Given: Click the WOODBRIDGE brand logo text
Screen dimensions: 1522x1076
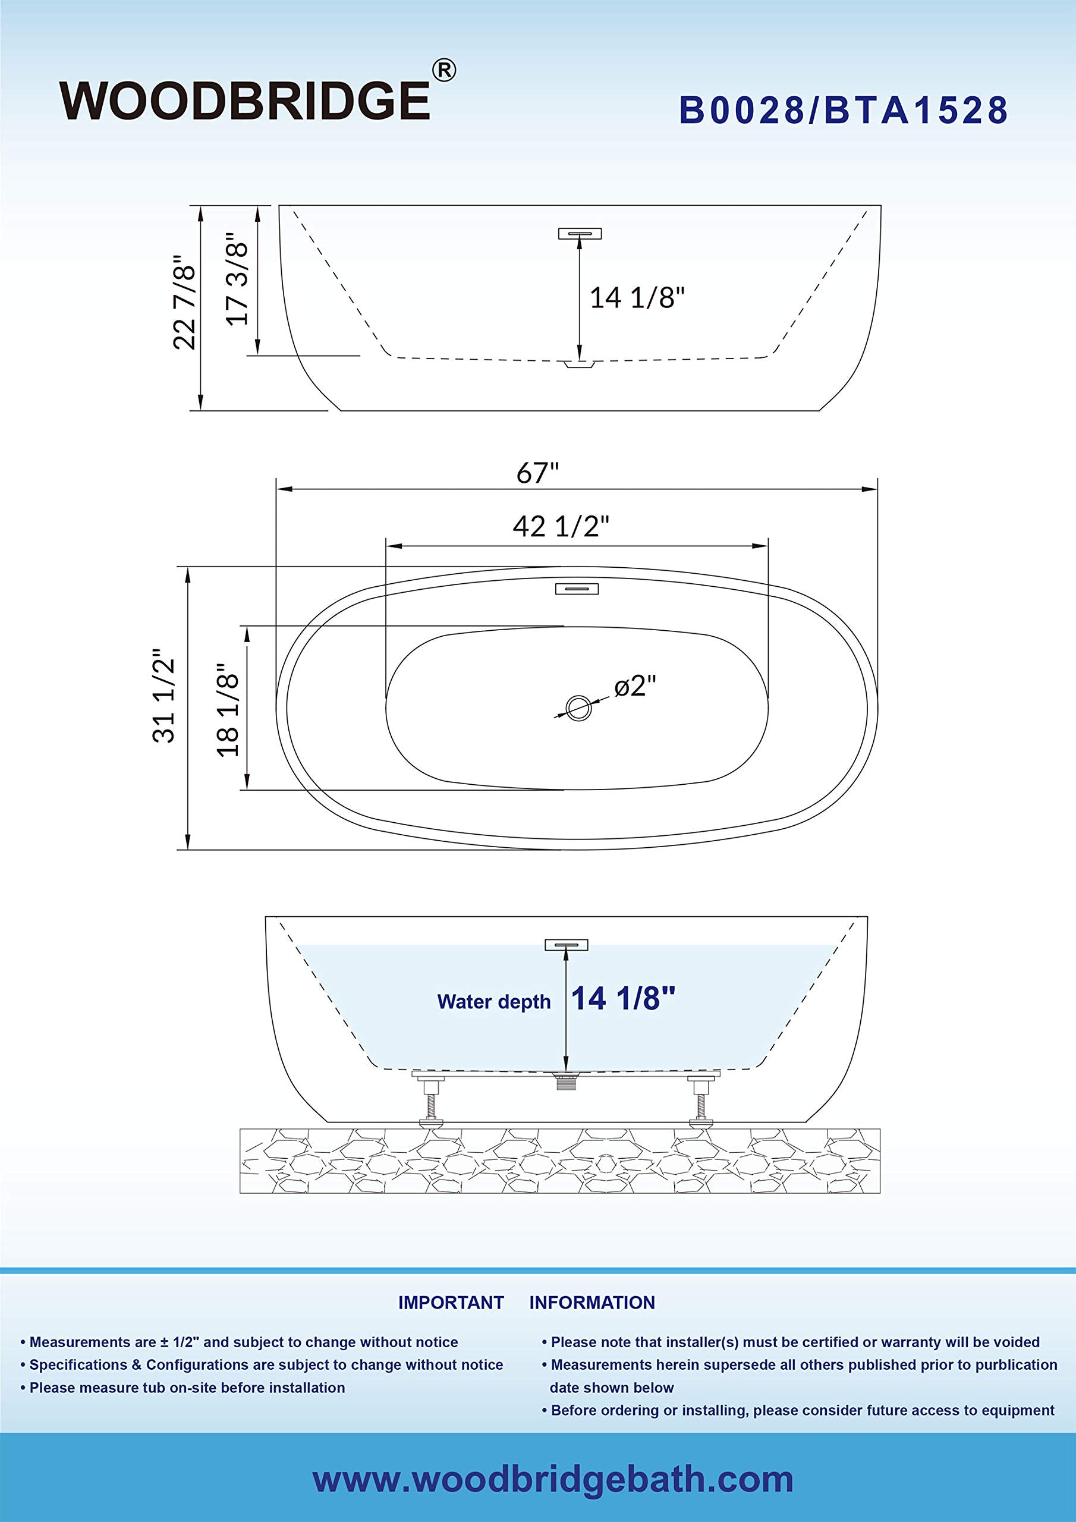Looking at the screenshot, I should pyautogui.click(x=245, y=100).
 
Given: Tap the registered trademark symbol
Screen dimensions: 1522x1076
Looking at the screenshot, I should pyautogui.click(x=443, y=71).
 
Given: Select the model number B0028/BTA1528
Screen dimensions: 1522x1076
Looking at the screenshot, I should pyautogui.click(x=844, y=111).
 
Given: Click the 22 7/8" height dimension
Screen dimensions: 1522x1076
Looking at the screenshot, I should pyautogui.click(x=184, y=301).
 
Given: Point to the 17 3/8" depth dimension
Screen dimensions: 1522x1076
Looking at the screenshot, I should pyautogui.click(x=237, y=279).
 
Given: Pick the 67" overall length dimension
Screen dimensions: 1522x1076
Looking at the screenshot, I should pyautogui.click(x=537, y=473).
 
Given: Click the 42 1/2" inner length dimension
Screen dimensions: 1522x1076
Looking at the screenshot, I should pyautogui.click(x=561, y=526).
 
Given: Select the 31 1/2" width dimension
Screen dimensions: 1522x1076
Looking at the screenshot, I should pyautogui.click(x=163, y=696).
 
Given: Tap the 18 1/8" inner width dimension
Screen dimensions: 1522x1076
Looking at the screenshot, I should pyautogui.click(x=228, y=710).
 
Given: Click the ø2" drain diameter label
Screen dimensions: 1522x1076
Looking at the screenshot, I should pyautogui.click(x=634, y=685).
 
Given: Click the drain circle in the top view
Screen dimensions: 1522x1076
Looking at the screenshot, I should pyautogui.click(x=578, y=708).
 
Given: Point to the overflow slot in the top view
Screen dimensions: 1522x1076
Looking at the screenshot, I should pyautogui.click(x=577, y=588).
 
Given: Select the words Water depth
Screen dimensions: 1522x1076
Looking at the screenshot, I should pyautogui.click(x=493, y=1002).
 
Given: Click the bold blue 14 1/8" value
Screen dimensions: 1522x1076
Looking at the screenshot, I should pyautogui.click(x=622, y=998).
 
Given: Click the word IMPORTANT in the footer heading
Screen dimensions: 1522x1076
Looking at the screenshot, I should pyautogui.click(x=451, y=1303).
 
